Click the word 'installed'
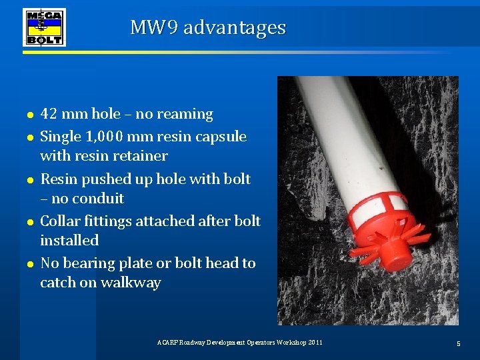coord(69,240)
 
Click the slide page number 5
coord(459,343)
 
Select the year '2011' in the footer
coord(314,342)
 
